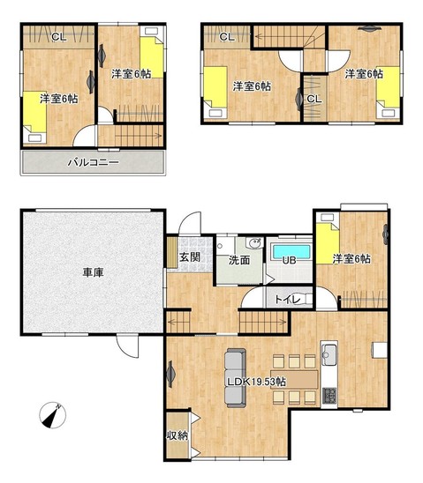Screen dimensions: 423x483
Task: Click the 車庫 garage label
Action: pyautogui.click(x=93, y=272)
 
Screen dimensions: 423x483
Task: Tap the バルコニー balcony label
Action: pyautogui.click(x=94, y=162)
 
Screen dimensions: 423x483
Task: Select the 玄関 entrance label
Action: pyautogui.click(x=190, y=256)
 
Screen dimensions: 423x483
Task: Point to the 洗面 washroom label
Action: pyautogui.click(x=239, y=260)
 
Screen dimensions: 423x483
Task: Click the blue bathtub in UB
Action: pyautogui.click(x=291, y=251)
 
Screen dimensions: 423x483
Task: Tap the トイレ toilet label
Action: pyautogui.click(x=287, y=299)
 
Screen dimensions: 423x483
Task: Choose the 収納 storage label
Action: pyautogui.click(x=178, y=435)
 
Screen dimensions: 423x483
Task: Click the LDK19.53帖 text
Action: pyautogui.click(x=256, y=382)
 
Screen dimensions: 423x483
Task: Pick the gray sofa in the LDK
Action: pyautogui.click(x=236, y=377)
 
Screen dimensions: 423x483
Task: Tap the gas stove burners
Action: pyautogui.click(x=329, y=396)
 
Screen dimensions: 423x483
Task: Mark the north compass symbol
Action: pyautogui.click(x=53, y=415)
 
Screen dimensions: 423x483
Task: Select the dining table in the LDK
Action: pyautogui.click(x=294, y=380)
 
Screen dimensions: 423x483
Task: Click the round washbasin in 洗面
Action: pyautogui.click(x=255, y=242)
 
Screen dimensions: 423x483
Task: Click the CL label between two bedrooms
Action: pyautogui.click(x=314, y=99)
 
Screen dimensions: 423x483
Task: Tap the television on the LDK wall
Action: pyautogui.click(x=170, y=374)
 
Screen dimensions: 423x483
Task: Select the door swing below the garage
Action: pyautogui.click(x=127, y=346)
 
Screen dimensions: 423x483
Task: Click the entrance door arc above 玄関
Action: pyautogui.click(x=190, y=223)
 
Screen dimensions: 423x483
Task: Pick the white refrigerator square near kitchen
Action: pyautogui.click(x=380, y=350)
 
